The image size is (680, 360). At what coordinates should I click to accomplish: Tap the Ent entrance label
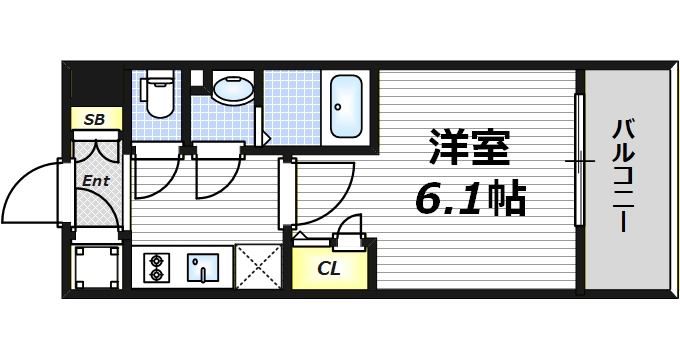coord(95,181)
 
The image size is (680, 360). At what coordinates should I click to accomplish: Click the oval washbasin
coord(233,89)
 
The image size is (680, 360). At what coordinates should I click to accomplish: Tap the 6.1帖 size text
coord(470,200)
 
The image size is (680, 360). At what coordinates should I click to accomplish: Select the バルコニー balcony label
coord(625,175)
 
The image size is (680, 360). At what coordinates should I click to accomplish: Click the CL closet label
coord(328,268)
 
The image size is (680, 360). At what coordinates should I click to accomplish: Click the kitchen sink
coord(205,267)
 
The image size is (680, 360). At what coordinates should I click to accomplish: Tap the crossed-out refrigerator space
coord(260,267)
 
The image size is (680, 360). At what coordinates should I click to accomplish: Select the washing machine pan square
coord(96,266)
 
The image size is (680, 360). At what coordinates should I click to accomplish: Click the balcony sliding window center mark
coord(578,161)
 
